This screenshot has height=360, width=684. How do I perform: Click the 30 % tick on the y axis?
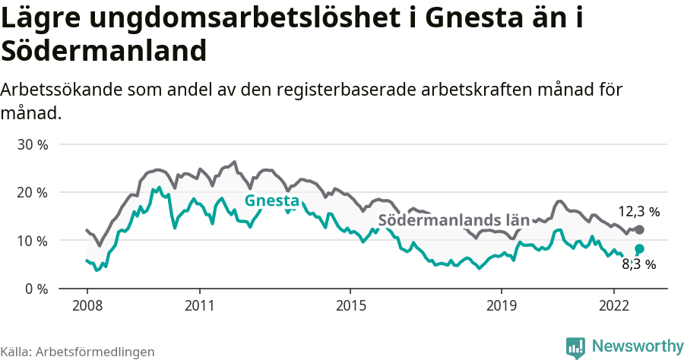tap(33, 144)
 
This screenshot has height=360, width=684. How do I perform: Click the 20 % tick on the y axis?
tap(33, 192)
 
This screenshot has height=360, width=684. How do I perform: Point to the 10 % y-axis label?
tap(33, 241)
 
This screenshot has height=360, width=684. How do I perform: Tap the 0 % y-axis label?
tap(36, 289)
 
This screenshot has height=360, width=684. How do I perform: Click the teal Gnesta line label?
tap(271, 201)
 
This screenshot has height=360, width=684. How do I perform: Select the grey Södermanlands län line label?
tap(454, 220)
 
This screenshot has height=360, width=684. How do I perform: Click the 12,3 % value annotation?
tap(638, 212)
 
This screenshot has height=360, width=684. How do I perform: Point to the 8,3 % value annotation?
tap(638, 264)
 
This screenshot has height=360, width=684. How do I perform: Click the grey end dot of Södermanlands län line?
tap(639, 229)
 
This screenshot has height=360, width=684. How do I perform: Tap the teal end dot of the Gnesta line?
tap(639, 248)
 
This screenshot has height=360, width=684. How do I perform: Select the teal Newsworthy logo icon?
tap(575, 347)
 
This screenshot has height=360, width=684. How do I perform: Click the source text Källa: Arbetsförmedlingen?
tap(78, 352)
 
